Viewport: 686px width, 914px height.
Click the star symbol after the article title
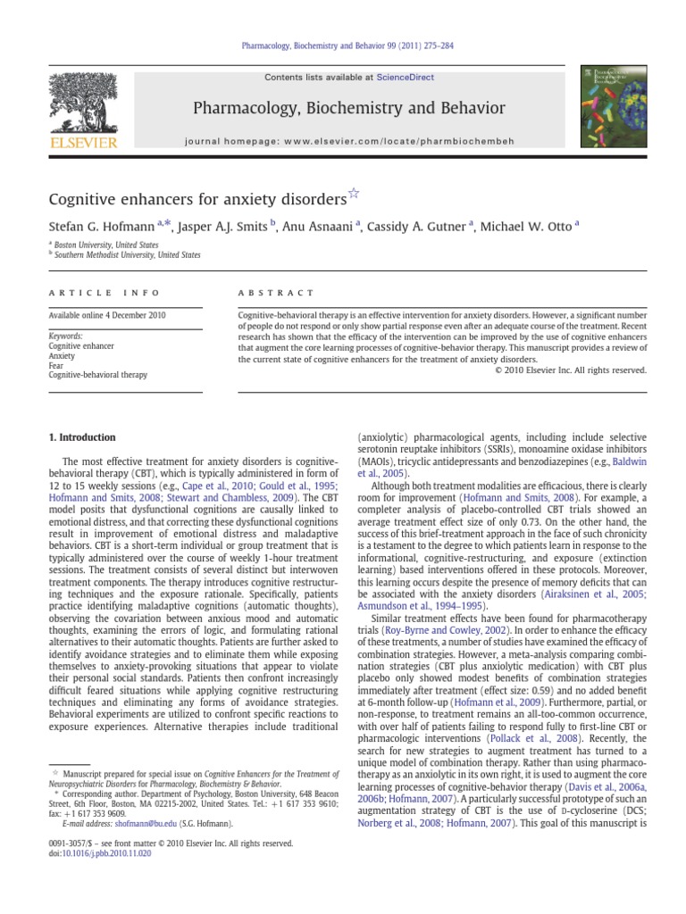(x=353, y=194)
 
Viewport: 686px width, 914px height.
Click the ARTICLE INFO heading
(x=105, y=293)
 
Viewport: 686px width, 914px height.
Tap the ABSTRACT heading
(x=276, y=293)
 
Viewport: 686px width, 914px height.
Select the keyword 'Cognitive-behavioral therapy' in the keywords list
(x=98, y=375)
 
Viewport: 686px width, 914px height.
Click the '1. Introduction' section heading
(x=81, y=437)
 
